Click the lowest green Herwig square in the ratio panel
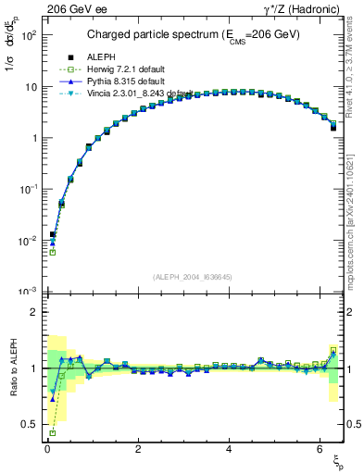click(x=52, y=432)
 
